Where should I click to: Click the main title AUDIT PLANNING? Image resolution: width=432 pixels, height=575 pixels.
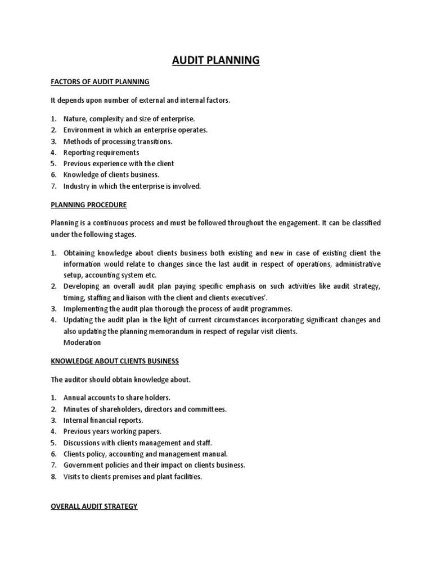click(216, 60)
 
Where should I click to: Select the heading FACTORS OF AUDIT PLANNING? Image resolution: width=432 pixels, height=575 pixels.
click(100, 82)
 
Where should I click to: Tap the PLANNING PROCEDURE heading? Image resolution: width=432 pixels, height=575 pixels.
click(88, 204)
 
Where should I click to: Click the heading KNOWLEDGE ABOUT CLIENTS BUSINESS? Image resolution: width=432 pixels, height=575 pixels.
click(115, 360)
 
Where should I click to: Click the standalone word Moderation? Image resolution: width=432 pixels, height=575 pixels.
click(82, 342)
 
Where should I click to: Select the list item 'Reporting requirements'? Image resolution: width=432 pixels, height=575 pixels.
click(101, 152)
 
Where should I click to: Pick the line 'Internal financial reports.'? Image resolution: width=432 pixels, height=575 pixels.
click(103, 420)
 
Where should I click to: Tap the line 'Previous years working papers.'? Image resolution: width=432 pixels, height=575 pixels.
click(112, 431)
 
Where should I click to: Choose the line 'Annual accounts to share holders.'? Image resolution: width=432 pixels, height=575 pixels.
click(112, 398)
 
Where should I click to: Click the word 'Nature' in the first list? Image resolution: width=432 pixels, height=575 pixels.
click(74, 118)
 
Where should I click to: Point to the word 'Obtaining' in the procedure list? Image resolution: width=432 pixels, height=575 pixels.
click(79, 253)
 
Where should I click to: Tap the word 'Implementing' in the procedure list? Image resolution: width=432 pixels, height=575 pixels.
click(85, 308)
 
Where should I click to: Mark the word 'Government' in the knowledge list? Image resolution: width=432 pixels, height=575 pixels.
click(84, 465)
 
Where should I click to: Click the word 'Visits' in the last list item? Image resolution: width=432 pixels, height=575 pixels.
click(73, 476)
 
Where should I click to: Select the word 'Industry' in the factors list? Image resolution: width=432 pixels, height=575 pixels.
click(76, 186)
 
